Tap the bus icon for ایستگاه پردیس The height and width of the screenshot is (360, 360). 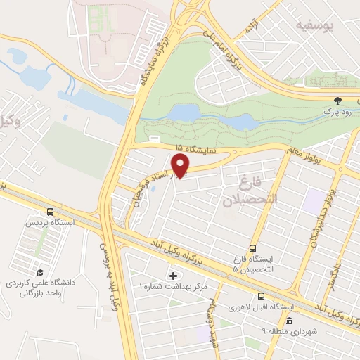coord(50,212)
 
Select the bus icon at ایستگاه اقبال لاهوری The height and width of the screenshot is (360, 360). coord(261,296)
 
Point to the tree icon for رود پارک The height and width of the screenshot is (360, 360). coord(337,100)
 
